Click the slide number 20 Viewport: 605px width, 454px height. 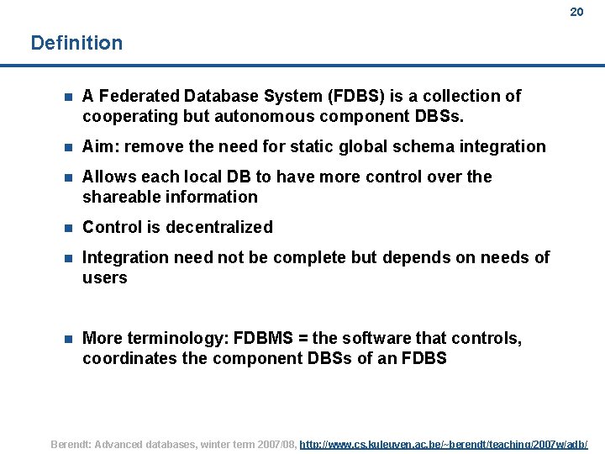(x=576, y=12)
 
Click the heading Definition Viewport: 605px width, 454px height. (x=76, y=43)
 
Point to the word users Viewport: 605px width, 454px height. (x=105, y=277)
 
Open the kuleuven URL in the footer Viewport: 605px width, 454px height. (x=444, y=444)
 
